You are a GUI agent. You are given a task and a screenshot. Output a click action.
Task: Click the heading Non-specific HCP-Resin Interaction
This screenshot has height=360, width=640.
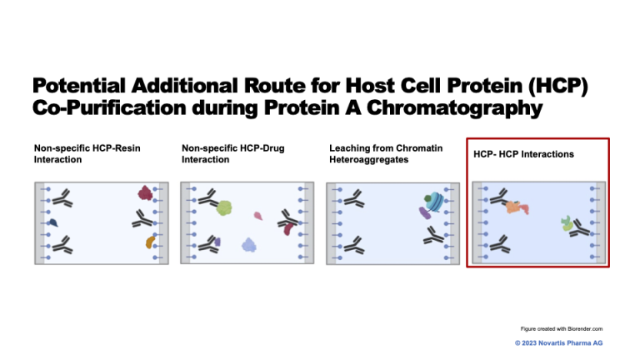coord(87,153)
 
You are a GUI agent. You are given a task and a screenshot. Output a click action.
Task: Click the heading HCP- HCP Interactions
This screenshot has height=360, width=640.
coord(523,154)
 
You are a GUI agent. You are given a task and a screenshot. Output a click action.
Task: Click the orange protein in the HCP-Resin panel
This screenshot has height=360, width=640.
coord(150,242)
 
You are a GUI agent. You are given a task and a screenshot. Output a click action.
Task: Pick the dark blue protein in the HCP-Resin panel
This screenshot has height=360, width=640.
coord(52,222)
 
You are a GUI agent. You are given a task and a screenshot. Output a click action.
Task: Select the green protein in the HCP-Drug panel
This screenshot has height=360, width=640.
coord(224,206)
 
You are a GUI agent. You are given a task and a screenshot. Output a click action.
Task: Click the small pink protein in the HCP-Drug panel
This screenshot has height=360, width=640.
coord(258,216)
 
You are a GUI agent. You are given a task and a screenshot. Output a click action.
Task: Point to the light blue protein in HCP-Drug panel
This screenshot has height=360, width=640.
coord(249,244)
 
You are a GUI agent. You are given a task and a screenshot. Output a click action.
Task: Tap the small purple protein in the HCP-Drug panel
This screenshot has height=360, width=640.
coord(217,242)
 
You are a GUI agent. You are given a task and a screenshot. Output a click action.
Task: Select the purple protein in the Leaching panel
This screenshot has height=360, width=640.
coord(424,213)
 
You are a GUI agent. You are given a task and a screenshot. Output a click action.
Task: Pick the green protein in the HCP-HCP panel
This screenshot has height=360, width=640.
coord(567,222)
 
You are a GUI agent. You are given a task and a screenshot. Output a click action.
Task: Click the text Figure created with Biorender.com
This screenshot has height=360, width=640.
coord(561,329)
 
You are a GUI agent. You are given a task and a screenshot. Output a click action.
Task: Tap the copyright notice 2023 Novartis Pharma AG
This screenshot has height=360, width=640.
coord(557,342)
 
